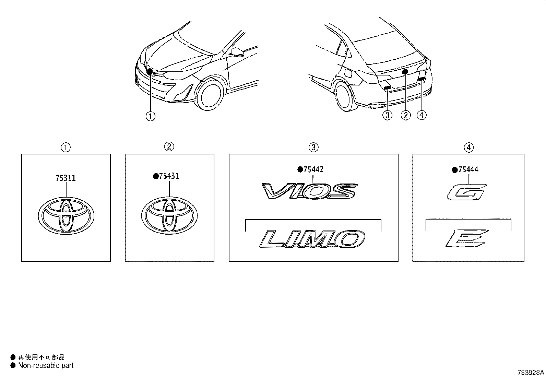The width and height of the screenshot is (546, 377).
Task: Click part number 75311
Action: tap(66, 178)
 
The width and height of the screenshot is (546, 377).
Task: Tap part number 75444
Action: tap(468, 170)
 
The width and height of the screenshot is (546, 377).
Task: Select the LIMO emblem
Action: tap(312, 239)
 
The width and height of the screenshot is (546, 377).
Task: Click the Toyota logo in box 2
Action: tap(169, 216)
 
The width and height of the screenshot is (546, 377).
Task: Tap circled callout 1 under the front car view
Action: tap(150, 116)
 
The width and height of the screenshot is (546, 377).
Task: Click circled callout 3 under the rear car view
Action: tap(387, 115)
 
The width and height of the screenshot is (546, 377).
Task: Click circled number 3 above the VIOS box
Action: tap(313, 148)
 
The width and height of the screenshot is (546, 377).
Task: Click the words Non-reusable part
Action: tap(46, 366)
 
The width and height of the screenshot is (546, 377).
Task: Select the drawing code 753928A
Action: tap(531, 373)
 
